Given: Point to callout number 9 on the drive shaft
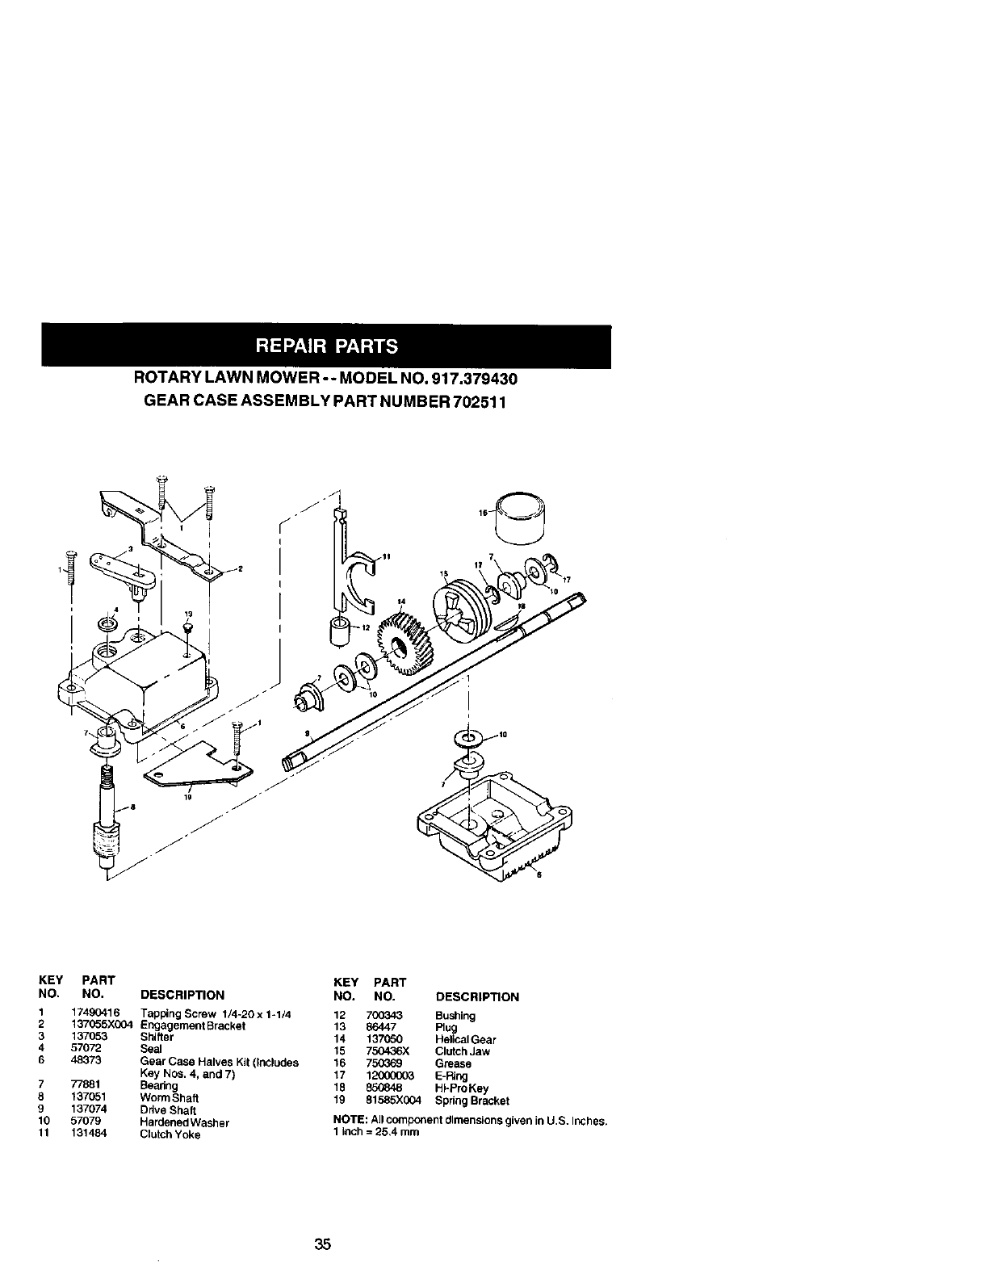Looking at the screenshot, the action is point(307,732).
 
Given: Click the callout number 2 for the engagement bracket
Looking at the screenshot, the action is point(240,569).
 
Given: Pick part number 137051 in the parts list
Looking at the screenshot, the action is point(78,1098).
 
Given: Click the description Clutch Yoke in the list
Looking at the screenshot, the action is point(170,1134).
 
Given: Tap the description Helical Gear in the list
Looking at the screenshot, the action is point(465,1040).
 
